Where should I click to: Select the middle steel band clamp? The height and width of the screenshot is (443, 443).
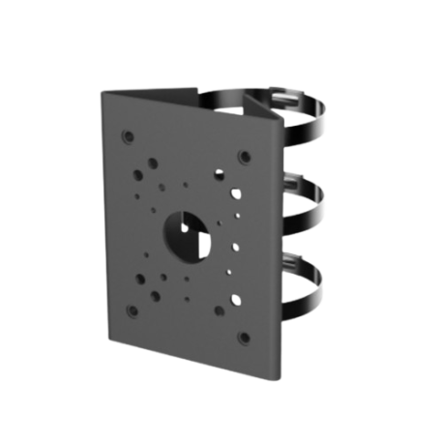324,198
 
